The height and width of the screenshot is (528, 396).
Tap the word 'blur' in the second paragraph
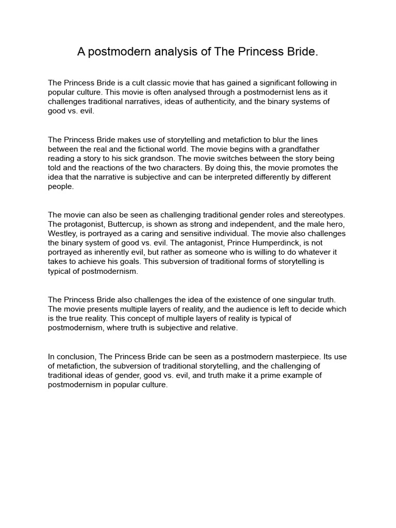coord(285,140)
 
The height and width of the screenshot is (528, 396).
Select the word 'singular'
coord(289,300)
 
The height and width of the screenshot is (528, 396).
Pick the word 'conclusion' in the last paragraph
coord(74,356)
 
